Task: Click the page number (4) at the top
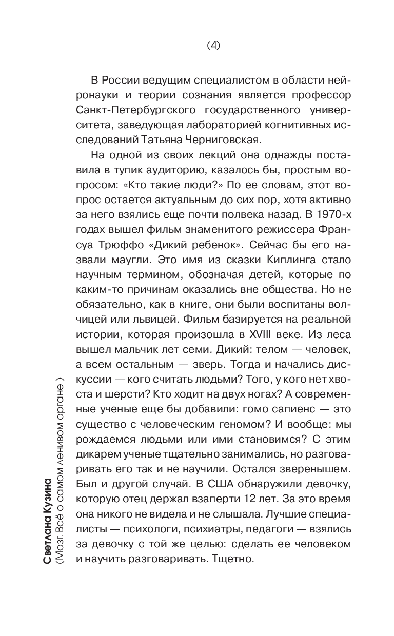tap(213, 45)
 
